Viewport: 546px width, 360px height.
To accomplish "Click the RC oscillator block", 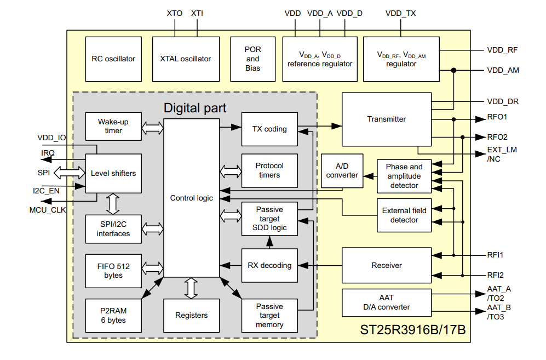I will pyautogui.click(x=113, y=59).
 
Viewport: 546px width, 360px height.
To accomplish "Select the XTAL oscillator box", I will pyautogui.click(x=186, y=59).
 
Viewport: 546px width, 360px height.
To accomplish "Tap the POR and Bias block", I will pyautogui.click(x=252, y=59).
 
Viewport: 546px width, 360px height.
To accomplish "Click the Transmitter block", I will pyautogui.click(x=386, y=119).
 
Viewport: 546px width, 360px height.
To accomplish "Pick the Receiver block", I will pyautogui.click(x=386, y=265).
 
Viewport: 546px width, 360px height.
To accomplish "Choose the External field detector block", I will pyautogui.click(x=404, y=215).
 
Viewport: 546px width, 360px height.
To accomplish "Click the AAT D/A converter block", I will pyautogui.click(x=386, y=302).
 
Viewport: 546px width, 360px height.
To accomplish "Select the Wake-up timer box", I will pyautogui.click(x=113, y=127).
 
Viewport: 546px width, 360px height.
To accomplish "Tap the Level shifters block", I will pyautogui.click(x=113, y=173).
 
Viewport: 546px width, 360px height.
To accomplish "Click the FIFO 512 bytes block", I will pyautogui.click(x=113, y=271).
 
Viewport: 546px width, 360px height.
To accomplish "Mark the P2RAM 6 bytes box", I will pyautogui.click(x=113, y=316).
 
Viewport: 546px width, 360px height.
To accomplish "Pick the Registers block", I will pyautogui.click(x=191, y=315).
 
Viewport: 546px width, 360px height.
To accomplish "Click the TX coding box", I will pyautogui.click(x=269, y=129).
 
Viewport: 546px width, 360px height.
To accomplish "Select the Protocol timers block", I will pyautogui.click(x=269, y=170).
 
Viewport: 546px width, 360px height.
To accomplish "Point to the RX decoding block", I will pyautogui.click(x=269, y=265).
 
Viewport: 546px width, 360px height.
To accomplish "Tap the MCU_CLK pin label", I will pyautogui.click(x=48, y=210).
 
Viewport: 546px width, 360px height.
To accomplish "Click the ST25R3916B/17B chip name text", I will pyautogui.click(x=412, y=330).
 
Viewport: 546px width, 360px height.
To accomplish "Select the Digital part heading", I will pyautogui.click(x=194, y=108).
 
